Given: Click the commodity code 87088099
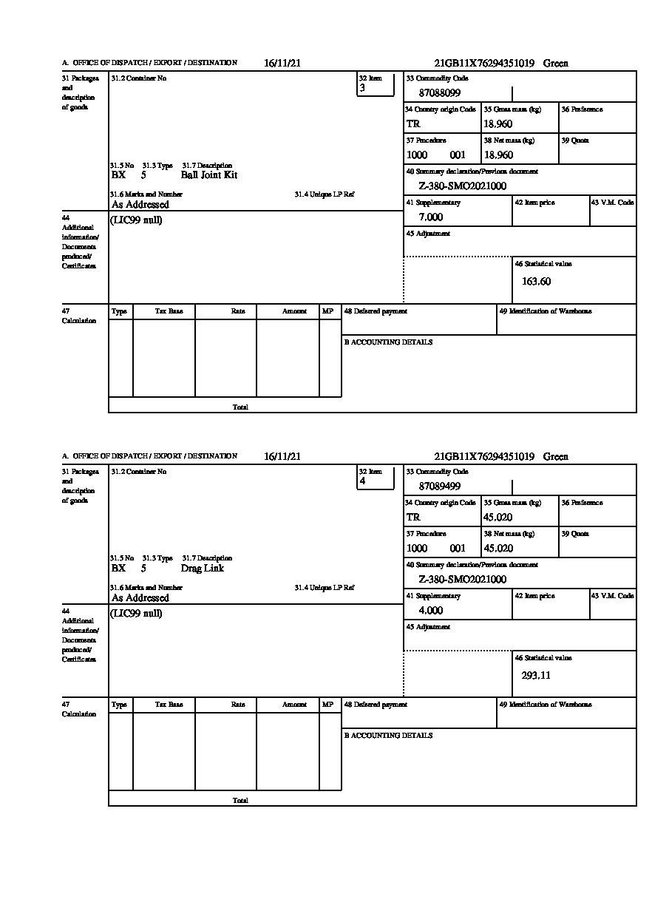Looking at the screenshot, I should tap(440, 93).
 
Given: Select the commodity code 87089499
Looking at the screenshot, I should tap(440, 487).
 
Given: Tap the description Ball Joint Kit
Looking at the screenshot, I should tap(209, 175).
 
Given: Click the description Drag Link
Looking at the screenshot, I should tap(203, 569).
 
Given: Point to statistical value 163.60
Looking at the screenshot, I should tap(536, 282).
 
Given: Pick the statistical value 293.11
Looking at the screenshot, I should tap(536, 675).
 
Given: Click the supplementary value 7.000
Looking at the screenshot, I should tap(431, 217).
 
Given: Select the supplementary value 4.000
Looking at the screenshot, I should tap(431, 611).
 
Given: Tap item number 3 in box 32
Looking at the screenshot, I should tap(362, 88).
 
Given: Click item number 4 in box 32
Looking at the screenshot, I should tap(362, 481).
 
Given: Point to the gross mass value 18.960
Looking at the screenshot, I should tap(498, 124).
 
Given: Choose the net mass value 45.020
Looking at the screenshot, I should tap(498, 549).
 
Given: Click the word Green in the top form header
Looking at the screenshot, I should tap(556, 64).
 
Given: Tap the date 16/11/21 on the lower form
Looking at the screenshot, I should tap(282, 457).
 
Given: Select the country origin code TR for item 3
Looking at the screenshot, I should tap(413, 124).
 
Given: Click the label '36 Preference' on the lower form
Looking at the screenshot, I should tap(582, 503).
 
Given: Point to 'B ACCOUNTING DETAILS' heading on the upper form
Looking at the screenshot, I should tap(388, 342).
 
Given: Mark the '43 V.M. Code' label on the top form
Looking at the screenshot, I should tap(612, 203).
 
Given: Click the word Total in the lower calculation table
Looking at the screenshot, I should tap(240, 801).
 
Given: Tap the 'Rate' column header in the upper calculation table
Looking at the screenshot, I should tap(238, 312).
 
